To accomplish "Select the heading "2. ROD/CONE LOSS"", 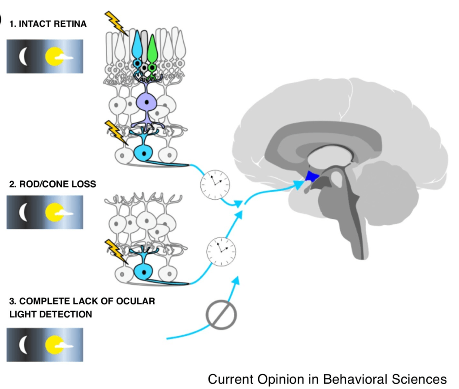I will (x=52, y=184).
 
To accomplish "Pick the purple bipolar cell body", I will (x=145, y=102).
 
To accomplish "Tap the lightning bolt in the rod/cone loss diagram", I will (x=116, y=251).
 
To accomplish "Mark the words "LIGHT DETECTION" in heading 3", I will (x=51, y=314).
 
